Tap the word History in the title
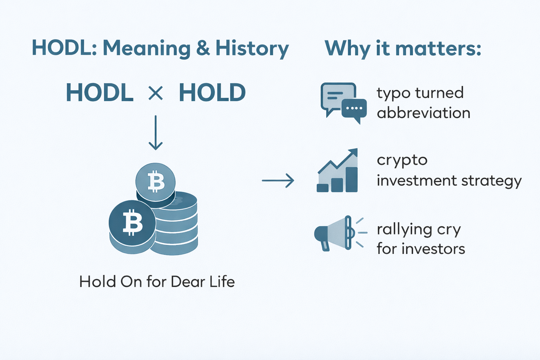click(x=252, y=49)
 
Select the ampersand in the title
click(x=203, y=48)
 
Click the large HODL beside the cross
click(x=99, y=93)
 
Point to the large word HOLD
click(x=212, y=93)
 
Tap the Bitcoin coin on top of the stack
click(x=155, y=182)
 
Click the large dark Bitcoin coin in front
click(x=132, y=223)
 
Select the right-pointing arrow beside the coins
click(x=278, y=181)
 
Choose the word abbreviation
click(x=423, y=113)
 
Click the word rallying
click(x=404, y=230)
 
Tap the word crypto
click(x=402, y=161)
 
